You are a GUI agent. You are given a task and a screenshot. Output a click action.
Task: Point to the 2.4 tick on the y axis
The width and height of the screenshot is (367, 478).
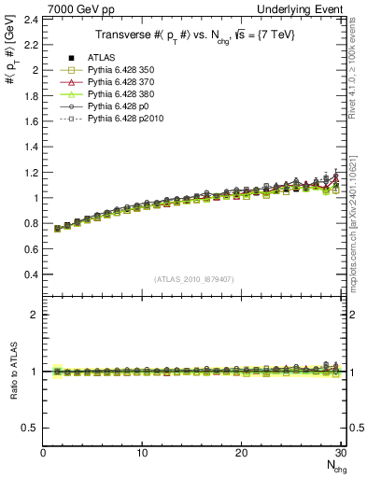coord(31,19)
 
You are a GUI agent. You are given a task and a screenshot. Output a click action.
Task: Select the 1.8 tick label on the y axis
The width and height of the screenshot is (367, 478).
coord(31,95)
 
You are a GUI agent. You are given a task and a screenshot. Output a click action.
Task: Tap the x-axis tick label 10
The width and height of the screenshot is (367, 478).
coord(142,454)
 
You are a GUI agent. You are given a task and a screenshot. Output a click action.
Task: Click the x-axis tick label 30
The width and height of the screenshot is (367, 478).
coord(341,454)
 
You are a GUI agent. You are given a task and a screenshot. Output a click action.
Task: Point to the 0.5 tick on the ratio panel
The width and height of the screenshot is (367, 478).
coord(31,428)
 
